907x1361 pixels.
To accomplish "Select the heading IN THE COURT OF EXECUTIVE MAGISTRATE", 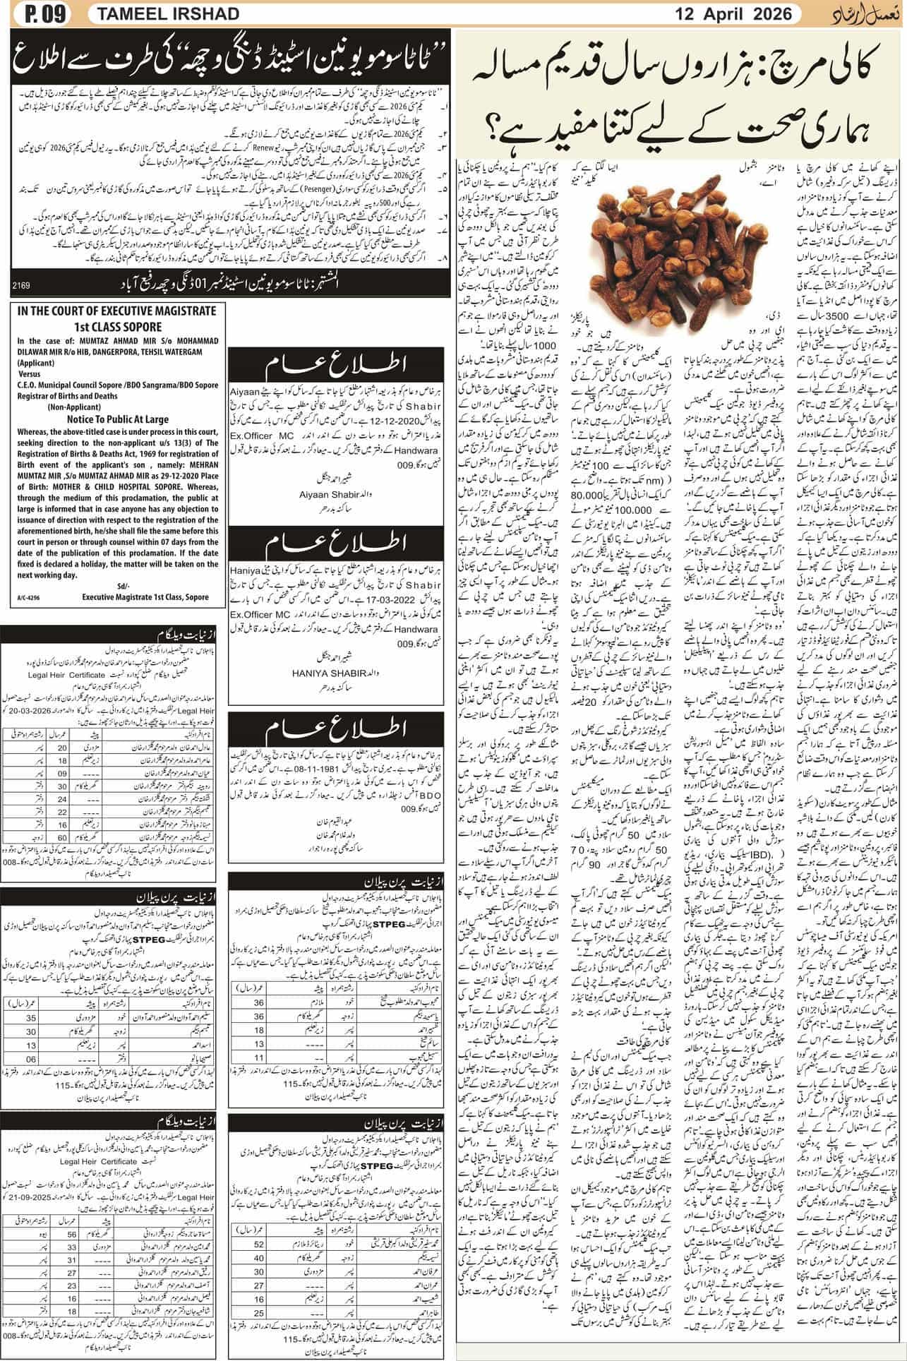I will tap(113, 311).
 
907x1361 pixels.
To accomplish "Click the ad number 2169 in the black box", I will tap(22, 285).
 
